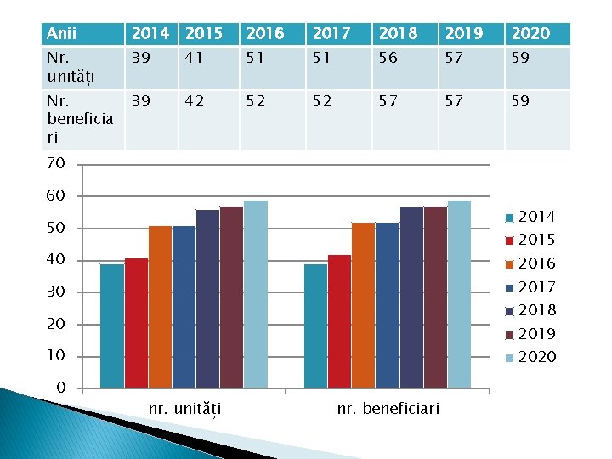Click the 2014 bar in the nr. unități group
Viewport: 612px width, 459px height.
coord(112,326)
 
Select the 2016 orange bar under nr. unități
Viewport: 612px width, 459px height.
coord(160,307)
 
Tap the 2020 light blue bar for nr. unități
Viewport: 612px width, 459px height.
coord(255,295)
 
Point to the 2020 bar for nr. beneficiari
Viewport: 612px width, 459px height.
coord(459,295)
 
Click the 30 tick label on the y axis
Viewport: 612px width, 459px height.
coord(55,292)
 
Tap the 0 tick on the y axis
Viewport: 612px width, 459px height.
coord(60,388)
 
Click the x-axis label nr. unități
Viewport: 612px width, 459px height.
coord(185,411)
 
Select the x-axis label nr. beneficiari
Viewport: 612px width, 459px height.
coord(388,410)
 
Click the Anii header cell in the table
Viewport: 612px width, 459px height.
coord(62,34)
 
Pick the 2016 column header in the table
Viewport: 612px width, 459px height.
coord(264,34)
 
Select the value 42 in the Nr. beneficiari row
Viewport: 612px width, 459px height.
coord(195,101)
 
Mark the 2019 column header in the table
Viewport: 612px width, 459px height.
coord(464,34)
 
